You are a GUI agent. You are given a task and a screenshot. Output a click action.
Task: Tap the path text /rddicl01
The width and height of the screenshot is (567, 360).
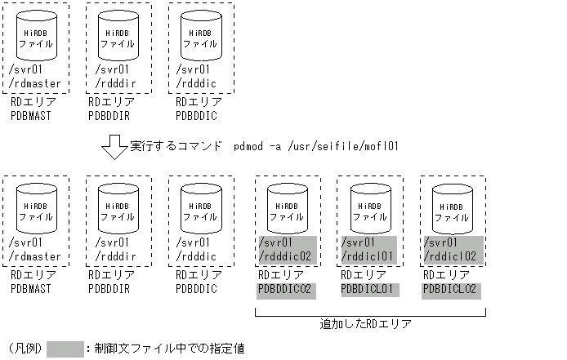[369, 256]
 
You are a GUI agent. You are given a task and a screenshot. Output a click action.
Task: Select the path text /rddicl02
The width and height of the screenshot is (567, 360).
[452, 256]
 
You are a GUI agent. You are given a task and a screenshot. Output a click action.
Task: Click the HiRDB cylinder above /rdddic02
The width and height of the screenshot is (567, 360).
[287, 207]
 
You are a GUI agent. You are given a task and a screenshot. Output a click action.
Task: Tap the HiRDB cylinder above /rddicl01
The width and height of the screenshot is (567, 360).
[369, 207]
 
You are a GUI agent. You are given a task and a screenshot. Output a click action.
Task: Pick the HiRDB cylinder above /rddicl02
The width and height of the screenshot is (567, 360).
[452, 207]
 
